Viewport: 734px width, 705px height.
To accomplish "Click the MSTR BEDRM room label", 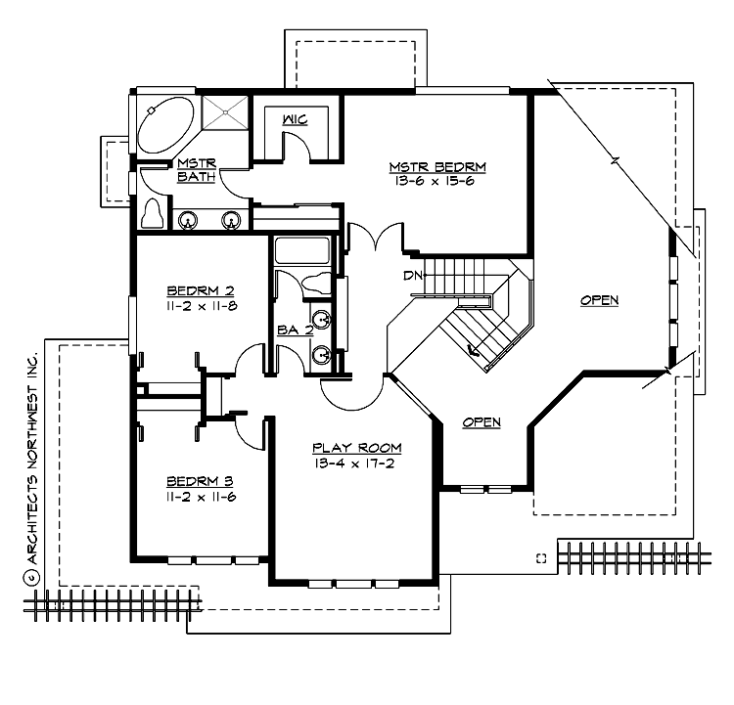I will click(437, 166).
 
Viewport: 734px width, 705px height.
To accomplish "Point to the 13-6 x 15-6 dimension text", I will click(437, 182).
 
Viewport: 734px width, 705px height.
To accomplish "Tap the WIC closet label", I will click(296, 119).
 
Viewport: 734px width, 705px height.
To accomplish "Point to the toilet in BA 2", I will click(315, 285).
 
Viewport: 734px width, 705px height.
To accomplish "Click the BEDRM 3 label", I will click(201, 480).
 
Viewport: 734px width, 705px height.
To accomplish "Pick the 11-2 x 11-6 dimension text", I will click(201, 496).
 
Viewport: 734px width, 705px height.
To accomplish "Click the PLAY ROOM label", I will click(357, 447).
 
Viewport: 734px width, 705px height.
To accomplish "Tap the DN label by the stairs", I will click(412, 275).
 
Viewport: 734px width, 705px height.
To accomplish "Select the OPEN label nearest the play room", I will click(482, 422).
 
